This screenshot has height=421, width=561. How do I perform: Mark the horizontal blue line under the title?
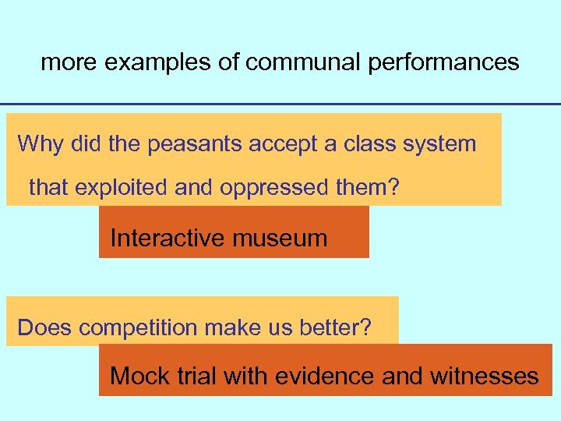coord(280,104)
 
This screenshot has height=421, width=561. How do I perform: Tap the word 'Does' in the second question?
coord(44,328)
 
